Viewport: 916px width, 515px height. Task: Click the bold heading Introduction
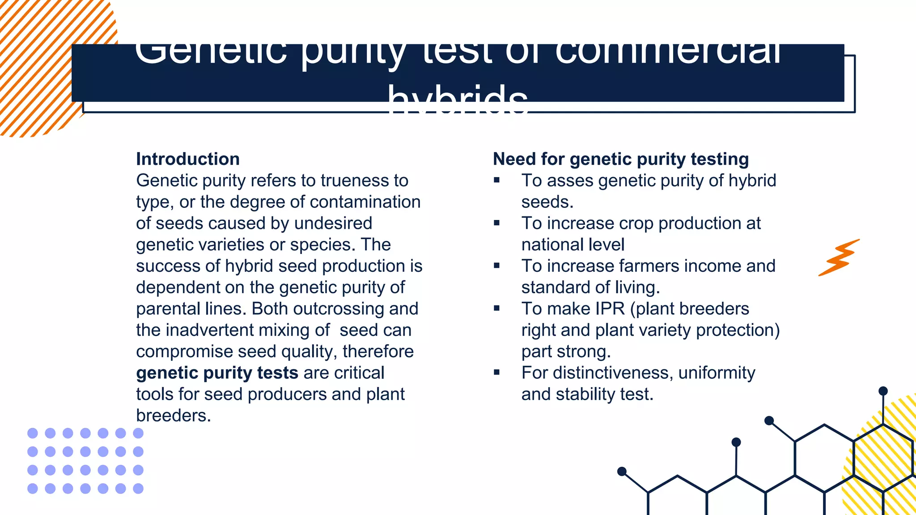(188, 159)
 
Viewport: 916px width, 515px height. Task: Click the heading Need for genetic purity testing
(621, 159)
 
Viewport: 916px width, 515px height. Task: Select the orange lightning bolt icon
(839, 258)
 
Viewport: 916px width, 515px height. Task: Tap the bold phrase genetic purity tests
(217, 373)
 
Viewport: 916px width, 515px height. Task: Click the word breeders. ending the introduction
(173, 416)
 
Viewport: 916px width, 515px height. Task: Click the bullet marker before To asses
(496, 180)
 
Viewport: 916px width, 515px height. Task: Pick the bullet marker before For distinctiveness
(496, 372)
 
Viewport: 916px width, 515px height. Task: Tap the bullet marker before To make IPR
(496, 308)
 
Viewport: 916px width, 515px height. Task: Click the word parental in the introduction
(168, 309)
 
